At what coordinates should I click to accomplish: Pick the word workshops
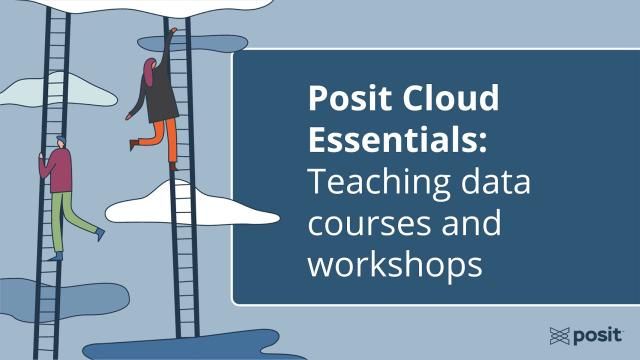[395, 266]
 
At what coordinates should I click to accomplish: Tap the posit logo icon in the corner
[561, 334]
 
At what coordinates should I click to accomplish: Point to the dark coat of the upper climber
[161, 96]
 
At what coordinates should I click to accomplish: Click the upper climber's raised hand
[173, 32]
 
